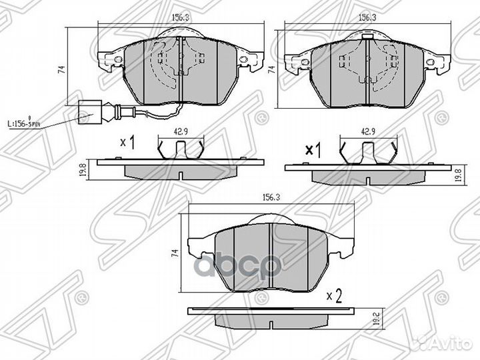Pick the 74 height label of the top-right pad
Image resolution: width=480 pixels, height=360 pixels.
tap(271, 69)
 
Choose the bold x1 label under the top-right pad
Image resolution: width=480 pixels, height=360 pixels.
tap(313, 150)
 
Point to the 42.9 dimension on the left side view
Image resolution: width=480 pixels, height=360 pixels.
tap(180, 131)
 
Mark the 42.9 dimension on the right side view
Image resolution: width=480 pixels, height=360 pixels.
tap(366, 131)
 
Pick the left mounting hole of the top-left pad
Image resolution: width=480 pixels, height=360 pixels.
tap(118, 60)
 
